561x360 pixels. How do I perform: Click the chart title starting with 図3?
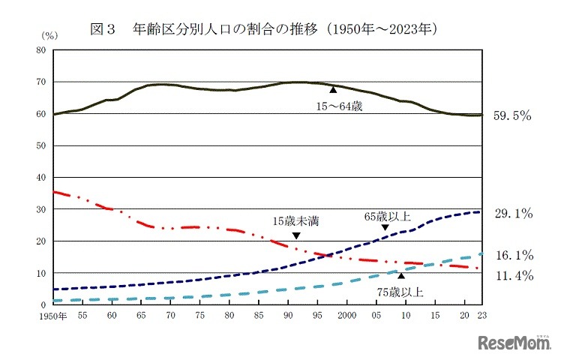tap(263, 29)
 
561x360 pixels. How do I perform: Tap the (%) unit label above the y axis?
tap(49, 35)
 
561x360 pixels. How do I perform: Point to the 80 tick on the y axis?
tap(43, 50)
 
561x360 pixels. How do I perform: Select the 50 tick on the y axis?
tap(43, 146)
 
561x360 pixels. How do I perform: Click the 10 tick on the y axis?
tap(43, 273)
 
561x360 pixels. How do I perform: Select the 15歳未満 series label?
tap(297, 222)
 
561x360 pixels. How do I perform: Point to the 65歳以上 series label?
tap(388, 216)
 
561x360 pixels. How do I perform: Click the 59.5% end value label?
tap(513, 115)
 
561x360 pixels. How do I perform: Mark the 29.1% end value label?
tap(513, 214)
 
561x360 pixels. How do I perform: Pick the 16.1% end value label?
tap(513, 255)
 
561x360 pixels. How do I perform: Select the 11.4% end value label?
tap(513, 276)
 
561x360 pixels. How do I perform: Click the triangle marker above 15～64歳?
tap(333, 90)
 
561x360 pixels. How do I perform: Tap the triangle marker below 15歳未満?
tap(296, 235)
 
